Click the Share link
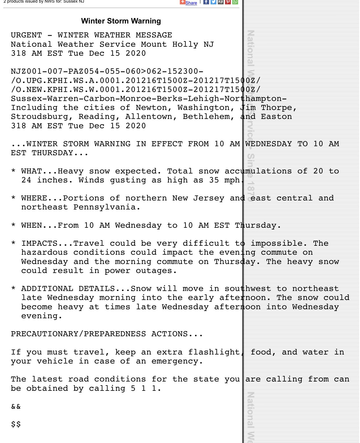coord(191,3)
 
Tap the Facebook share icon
coord(206,2)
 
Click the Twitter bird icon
coord(213,2)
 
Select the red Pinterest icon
coord(228,2)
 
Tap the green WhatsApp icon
coord(235,2)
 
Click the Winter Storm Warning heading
coord(121,21)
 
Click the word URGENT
coord(26,35)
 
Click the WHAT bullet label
coord(32,171)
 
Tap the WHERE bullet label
coord(34,198)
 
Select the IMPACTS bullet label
coord(39,243)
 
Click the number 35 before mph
coord(214,180)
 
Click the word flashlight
coord(214,352)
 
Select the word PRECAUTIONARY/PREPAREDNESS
coord(78,334)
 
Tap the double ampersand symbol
coord(16,406)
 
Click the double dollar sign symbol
coord(16,424)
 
